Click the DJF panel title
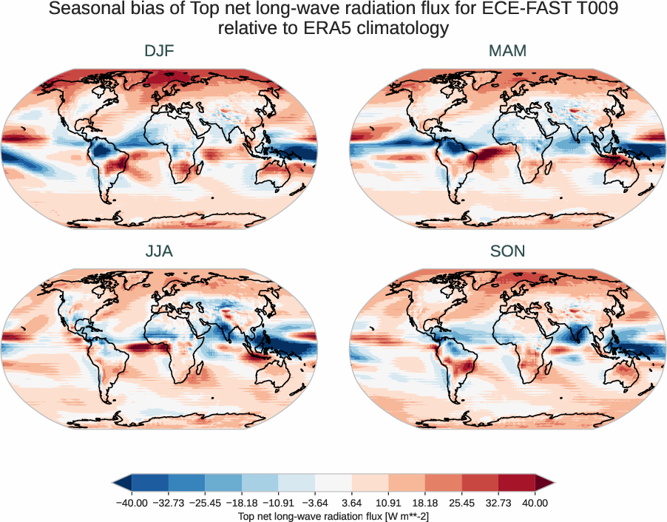[160, 51]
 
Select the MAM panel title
[507, 51]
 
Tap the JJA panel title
[160, 251]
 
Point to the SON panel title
[507, 251]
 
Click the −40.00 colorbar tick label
[132, 503]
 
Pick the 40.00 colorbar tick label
[535, 503]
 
